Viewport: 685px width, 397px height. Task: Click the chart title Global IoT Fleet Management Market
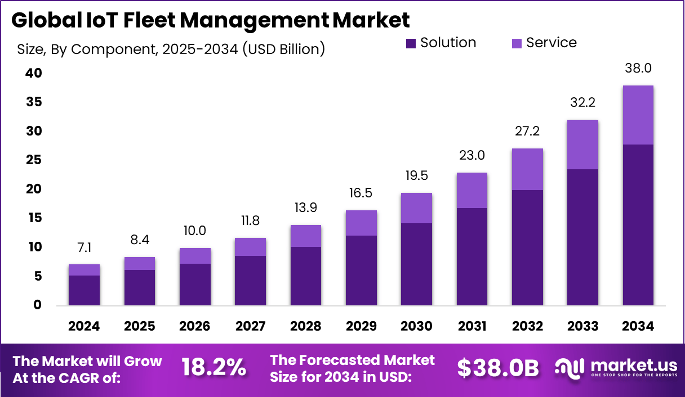(x=210, y=21)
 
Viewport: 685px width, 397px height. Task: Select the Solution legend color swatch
(x=411, y=43)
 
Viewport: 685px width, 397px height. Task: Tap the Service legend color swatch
(x=517, y=43)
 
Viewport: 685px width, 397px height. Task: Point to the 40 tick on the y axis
(x=33, y=73)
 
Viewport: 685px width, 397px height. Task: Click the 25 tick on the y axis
(x=33, y=160)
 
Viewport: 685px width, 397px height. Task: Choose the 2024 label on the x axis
(x=84, y=326)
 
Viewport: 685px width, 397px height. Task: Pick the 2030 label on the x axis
(x=416, y=326)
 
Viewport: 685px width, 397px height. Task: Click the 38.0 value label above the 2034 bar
(x=638, y=69)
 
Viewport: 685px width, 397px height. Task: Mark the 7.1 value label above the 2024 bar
(x=84, y=248)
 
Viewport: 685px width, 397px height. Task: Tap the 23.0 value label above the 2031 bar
(x=472, y=155)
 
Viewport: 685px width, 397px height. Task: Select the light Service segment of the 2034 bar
(x=638, y=115)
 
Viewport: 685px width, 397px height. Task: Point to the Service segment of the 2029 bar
(x=361, y=223)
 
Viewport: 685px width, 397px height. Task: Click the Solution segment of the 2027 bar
(x=250, y=281)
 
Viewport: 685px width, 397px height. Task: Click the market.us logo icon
(x=570, y=367)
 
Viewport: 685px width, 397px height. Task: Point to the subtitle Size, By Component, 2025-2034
(x=171, y=49)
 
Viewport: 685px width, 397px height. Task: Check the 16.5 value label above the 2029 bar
(x=361, y=194)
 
